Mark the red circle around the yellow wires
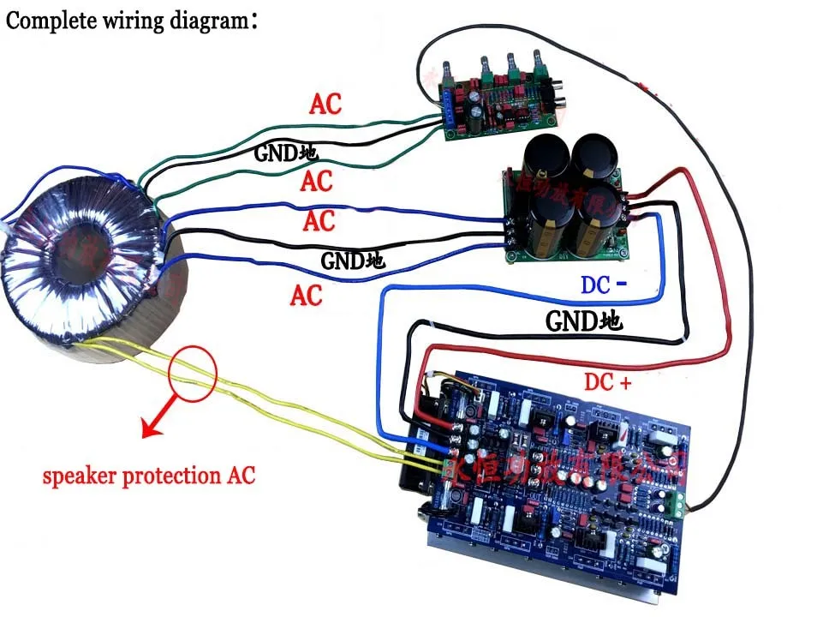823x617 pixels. pyautogui.click(x=194, y=371)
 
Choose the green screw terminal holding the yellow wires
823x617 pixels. pyautogui.click(x=448, y=468)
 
